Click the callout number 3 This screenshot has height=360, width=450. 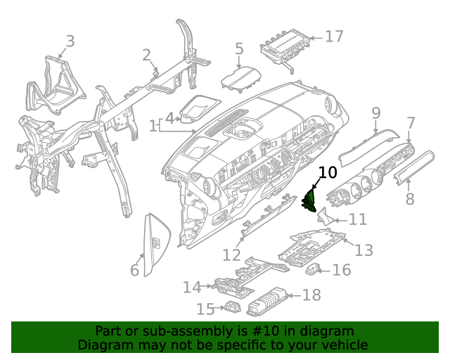(x=69, y=41)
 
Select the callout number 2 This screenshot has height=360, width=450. (x=146, y=55)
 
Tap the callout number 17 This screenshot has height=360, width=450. (x=334, y=35)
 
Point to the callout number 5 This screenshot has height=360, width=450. (x=239, y=49)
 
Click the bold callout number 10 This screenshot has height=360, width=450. (x=328, y=172)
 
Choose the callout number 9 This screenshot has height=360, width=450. (x=375, y=112)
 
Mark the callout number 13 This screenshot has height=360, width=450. (x=364, y=250)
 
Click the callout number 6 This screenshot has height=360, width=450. (x=135, y=270)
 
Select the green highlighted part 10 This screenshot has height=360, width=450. (x=309, y=200)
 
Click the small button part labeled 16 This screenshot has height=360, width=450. (x=314, y=269)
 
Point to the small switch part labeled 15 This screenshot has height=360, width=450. (x=233, y=307)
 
